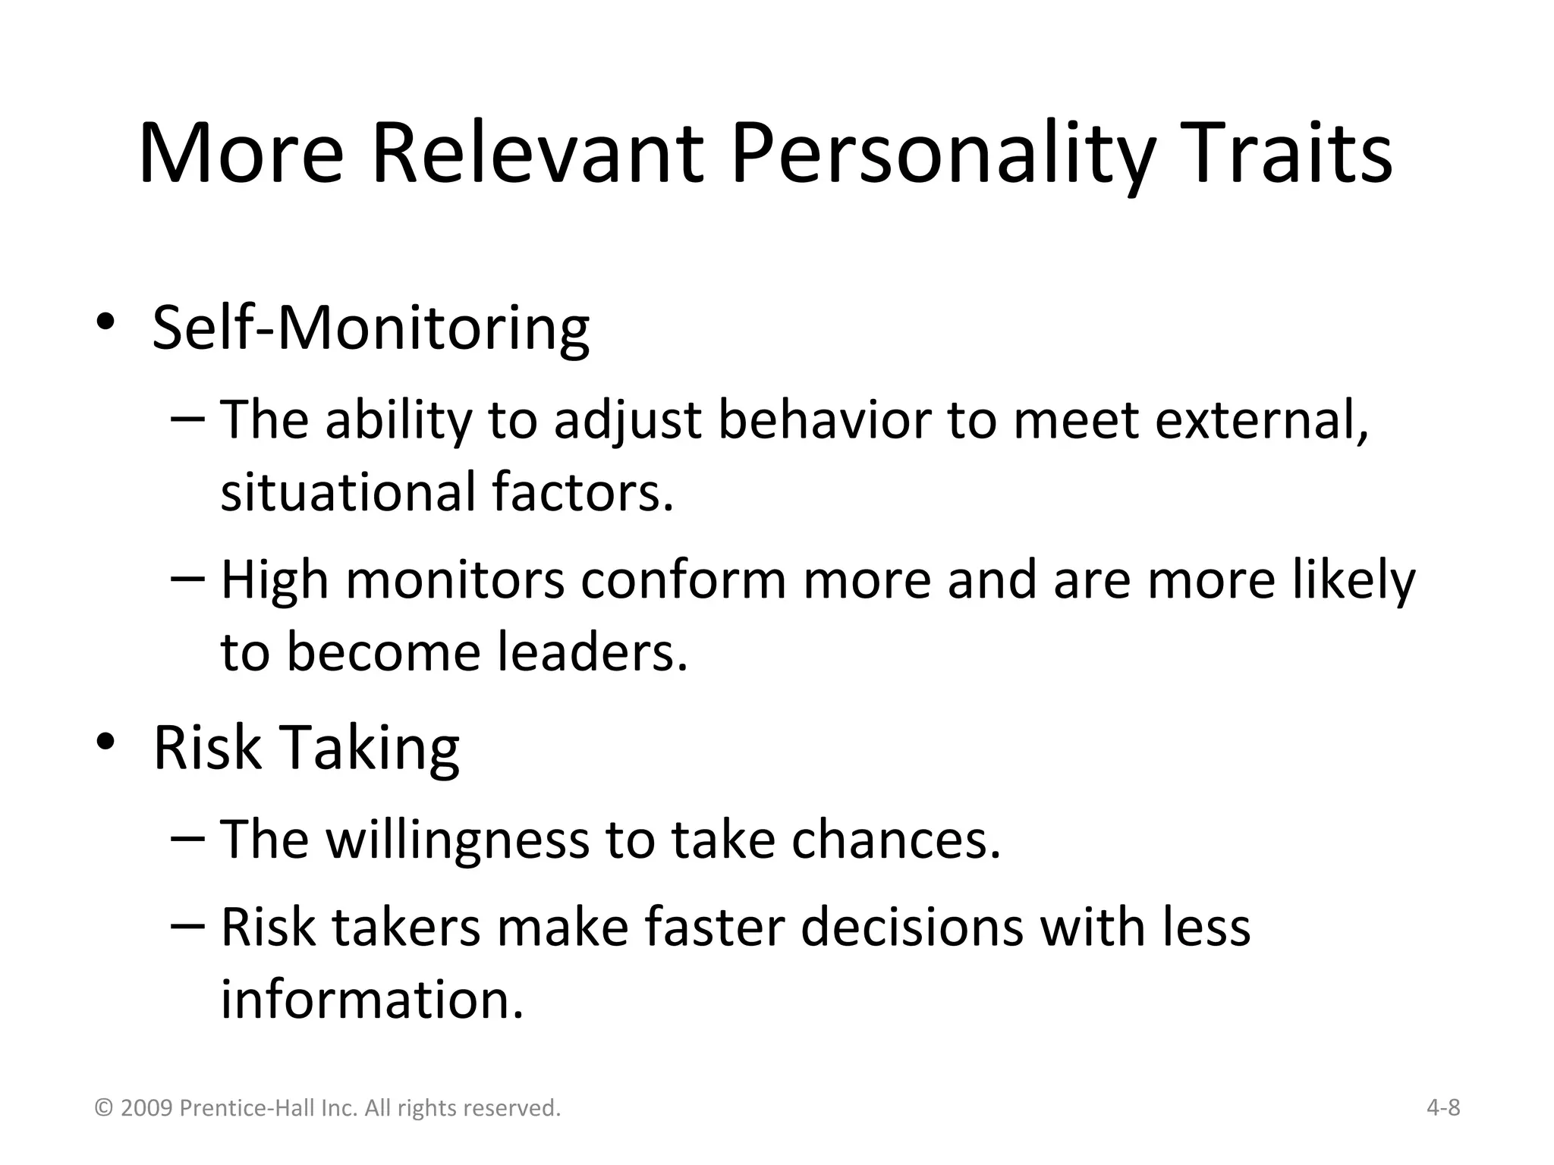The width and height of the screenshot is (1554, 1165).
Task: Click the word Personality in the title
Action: (x=942, y=155)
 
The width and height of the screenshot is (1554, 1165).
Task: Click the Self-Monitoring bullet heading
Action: (x=370, y=328)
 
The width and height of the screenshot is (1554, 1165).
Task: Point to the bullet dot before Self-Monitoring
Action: (x=105, y=322)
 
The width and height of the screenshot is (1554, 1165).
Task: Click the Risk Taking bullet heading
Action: (x=306, y=747)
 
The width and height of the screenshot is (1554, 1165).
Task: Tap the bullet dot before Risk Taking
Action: (x=105, y=741)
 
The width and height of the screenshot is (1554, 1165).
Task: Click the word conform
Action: (x=683, y=580)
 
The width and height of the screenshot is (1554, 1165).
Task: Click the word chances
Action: (x=895, y=840)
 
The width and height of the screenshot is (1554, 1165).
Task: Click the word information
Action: (x=372, y=999)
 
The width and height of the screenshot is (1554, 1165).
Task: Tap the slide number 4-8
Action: (x=1443, y=1108)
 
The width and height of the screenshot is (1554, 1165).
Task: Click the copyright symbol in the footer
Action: (x=103, y=1109)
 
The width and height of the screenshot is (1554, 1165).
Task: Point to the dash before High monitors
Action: (x=187, y=579)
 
